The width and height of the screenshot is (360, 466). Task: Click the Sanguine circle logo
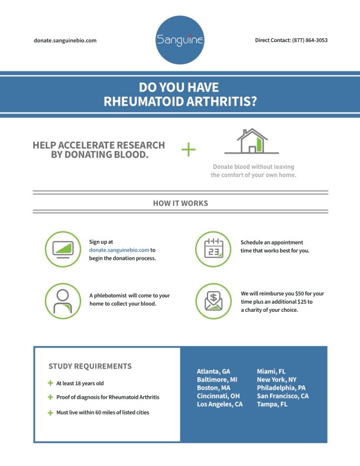click(x=180, y=40)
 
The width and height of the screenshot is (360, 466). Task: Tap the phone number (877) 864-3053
click(x=310, y=40)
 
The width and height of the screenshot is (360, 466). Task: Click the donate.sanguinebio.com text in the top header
click(x=65, y=41)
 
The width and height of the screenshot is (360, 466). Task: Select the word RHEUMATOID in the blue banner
click(x=141, y=101)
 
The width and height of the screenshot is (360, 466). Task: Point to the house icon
click(x=251, y=142)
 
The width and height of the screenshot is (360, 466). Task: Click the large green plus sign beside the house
click(x=188, y=149)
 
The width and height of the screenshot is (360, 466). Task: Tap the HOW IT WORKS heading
click(x=180, y=203)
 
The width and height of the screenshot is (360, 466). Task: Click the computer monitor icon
click(x=63, y=249)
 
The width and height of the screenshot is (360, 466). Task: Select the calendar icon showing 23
click(x=213, y=249)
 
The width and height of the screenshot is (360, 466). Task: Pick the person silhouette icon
click(x=63, y=301)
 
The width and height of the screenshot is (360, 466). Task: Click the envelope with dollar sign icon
click(x=213, y=301)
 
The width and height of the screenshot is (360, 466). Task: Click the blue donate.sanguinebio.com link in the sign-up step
click(x=119, y=250)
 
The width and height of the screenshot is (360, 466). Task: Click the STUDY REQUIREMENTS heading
click(x=90, y=366)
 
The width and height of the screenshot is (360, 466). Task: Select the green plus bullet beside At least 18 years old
click(x=50, y=383)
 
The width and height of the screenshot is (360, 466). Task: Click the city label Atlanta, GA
click(x=213, y=372)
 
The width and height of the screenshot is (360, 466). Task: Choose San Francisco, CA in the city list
click(x=283, y=396)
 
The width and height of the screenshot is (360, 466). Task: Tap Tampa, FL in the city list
click(x=272, y=405)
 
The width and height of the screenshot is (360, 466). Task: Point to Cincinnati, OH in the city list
click(x=218, y=396)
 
